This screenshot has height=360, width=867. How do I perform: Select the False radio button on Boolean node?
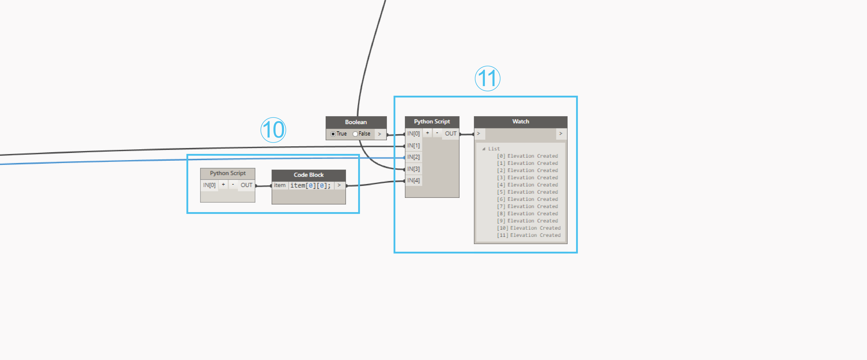[x=355, y=134]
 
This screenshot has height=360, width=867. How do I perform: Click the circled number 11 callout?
[x=487, y=78]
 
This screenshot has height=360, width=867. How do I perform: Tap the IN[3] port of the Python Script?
[x=413, y=169]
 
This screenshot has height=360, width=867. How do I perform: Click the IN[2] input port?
[x=413, y=157]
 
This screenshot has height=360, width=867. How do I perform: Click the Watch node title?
[x=520, y=121]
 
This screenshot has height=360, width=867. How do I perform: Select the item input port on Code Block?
[x=279, y=185]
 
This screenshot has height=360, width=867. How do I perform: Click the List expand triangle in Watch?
[x=484, y=149]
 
